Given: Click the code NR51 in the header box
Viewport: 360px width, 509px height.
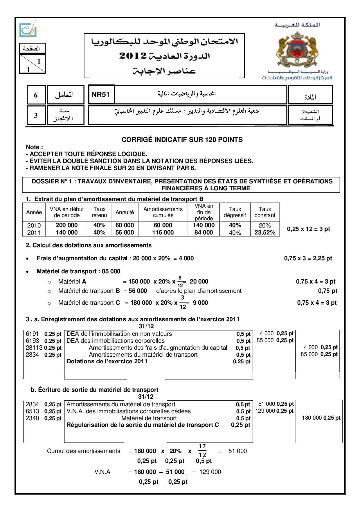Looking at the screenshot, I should (100, 95).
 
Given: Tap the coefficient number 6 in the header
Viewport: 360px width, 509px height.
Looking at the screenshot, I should (36, 95).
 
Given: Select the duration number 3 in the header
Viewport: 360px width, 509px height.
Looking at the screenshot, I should (36, 115).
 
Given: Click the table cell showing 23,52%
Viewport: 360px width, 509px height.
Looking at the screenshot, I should (265, 233).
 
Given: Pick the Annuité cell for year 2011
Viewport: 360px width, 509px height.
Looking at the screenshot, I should (125, 233).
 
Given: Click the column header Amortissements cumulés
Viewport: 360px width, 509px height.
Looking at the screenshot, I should (163, 212).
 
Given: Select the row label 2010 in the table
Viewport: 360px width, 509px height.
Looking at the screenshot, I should (34, 225).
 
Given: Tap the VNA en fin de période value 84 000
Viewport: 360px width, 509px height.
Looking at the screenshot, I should (204, 233).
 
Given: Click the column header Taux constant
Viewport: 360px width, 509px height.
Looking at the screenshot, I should (265, 212).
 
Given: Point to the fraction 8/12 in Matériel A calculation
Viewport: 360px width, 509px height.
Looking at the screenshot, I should (180, 281).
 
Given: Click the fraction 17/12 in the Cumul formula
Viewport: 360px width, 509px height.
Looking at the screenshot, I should (202, 451).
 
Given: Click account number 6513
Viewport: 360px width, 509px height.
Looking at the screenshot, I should (32, 411).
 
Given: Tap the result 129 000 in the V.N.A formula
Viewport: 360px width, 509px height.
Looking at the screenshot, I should (210, 472).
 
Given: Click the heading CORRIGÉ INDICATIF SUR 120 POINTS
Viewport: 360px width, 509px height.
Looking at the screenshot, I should (182, 140).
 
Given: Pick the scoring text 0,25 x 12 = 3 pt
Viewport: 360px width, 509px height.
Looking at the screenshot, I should (308, 229).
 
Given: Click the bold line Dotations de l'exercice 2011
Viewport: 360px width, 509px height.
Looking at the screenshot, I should (107, 362).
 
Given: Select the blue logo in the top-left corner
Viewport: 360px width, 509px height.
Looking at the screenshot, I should (28, 29).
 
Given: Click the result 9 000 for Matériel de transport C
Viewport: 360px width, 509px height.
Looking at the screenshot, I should (200, 303).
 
